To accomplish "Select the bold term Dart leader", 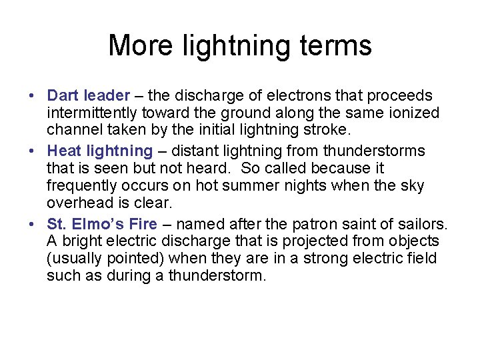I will tap(89, 96).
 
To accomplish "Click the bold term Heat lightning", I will tap(100, 151).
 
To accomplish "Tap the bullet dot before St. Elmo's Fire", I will tap(33, 224).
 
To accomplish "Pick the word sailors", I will tap(424, 223).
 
